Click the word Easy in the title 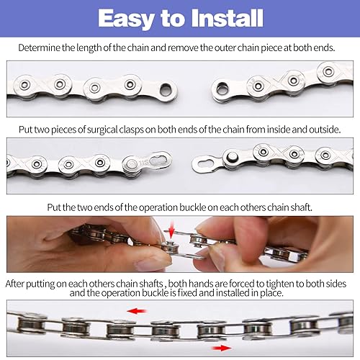pyautogui.click(x=127, y=17)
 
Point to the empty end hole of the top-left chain pyautogui.click(x=167, y=91)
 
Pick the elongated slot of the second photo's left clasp pyautogui.click(x=161, y=159)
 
